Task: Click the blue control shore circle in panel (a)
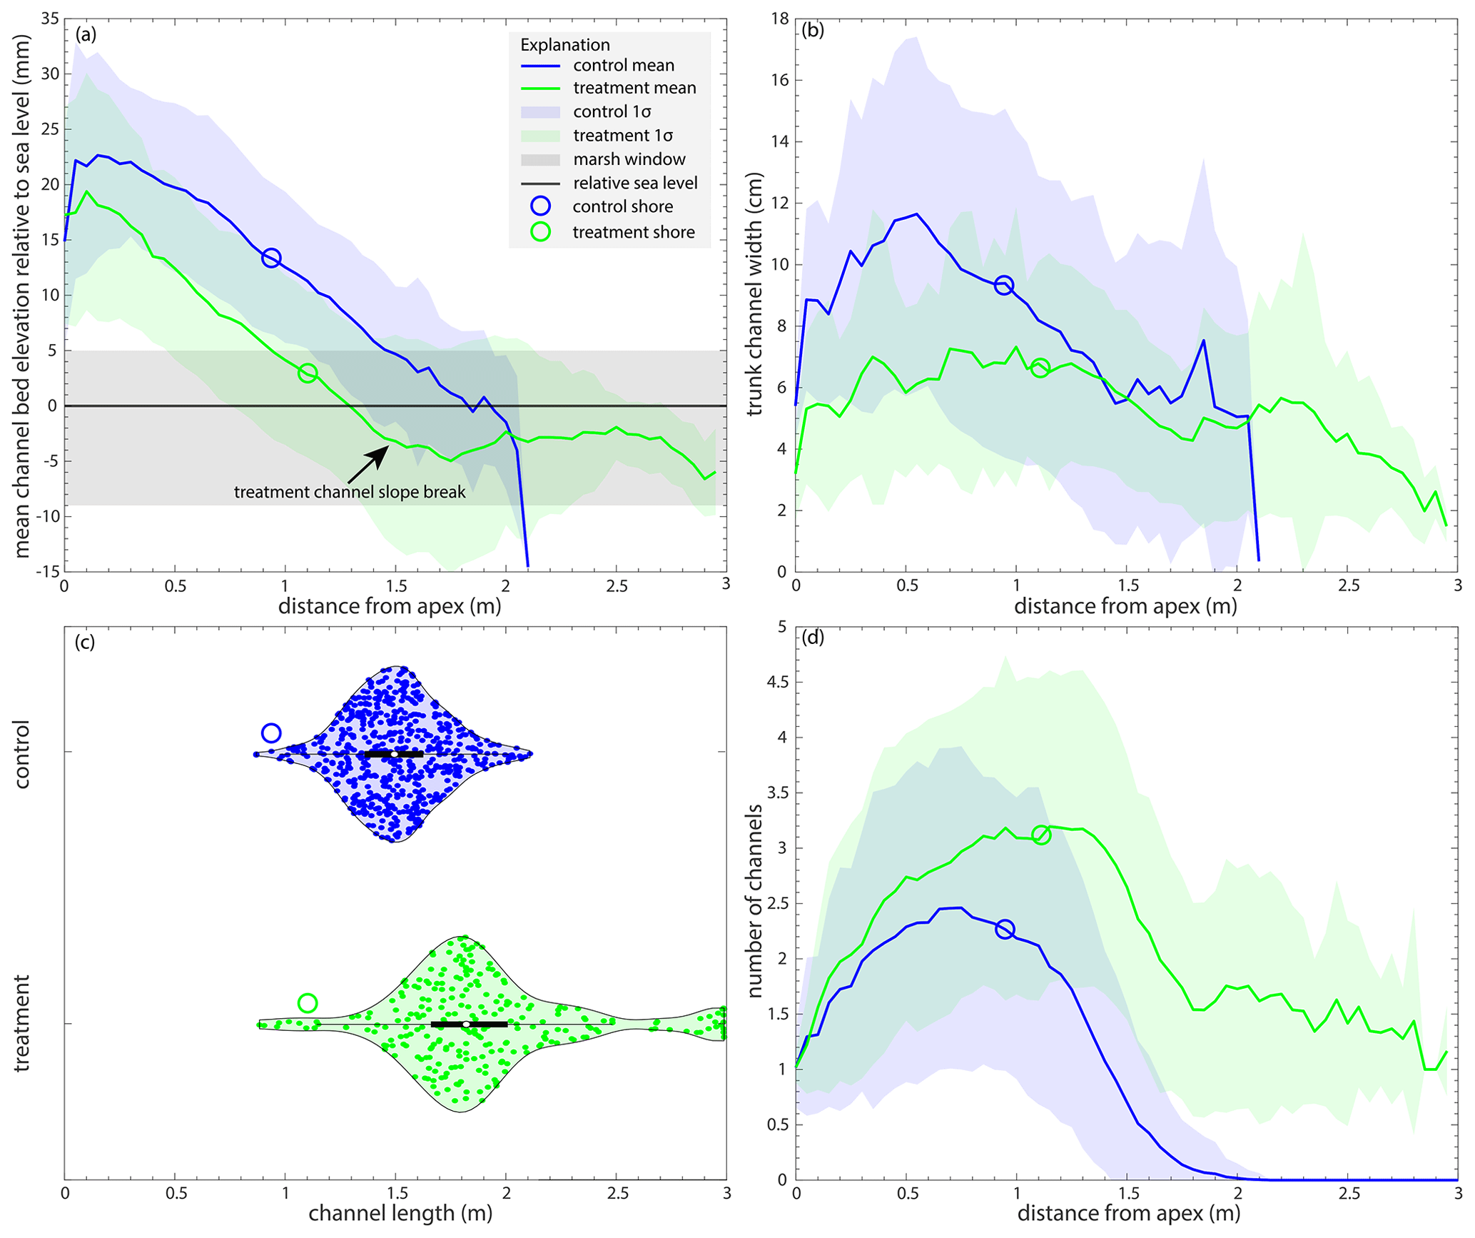point(271,258)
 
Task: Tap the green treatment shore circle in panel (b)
point(1040,368)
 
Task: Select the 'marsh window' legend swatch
point(540,159)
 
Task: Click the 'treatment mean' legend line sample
point(540,88)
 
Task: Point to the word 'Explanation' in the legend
point(564,45)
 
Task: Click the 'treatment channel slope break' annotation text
point(350,492)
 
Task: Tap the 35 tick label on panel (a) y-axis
point(50,19)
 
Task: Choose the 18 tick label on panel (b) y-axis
point(779,19)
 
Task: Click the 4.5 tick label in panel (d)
point(777,683)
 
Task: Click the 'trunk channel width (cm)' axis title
point(754,294)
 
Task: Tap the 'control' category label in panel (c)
point(22,754)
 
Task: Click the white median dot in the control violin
point(394,754)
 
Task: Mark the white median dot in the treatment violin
point(466,1025)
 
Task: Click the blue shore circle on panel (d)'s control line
point(1005,930)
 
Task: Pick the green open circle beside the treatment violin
point(308,1003)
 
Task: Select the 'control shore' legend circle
point(540,206)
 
